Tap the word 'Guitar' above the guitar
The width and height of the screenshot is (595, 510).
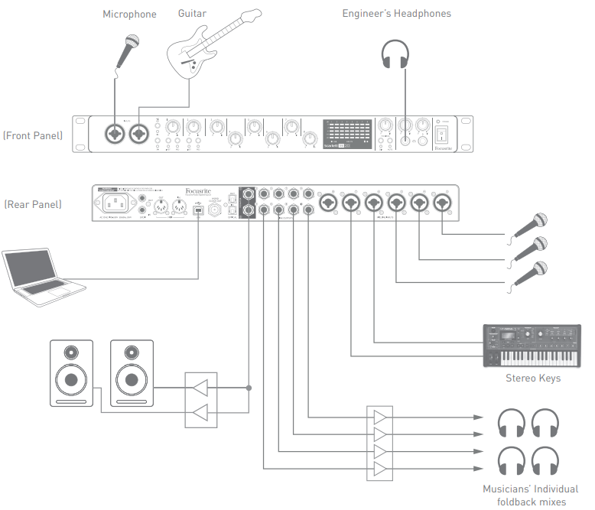(x=191, y=14)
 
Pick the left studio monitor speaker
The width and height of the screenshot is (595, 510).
(x=71, y=372)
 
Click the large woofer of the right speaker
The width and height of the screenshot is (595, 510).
(x=131, y=380)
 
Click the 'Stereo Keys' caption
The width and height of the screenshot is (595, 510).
(x=532, y=378)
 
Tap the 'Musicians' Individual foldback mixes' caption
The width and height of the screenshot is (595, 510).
(x=530, y=495)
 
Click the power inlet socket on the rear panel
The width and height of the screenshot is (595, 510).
(x=112, y=203)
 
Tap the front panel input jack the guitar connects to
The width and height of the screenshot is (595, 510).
(x=138, y=135)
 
